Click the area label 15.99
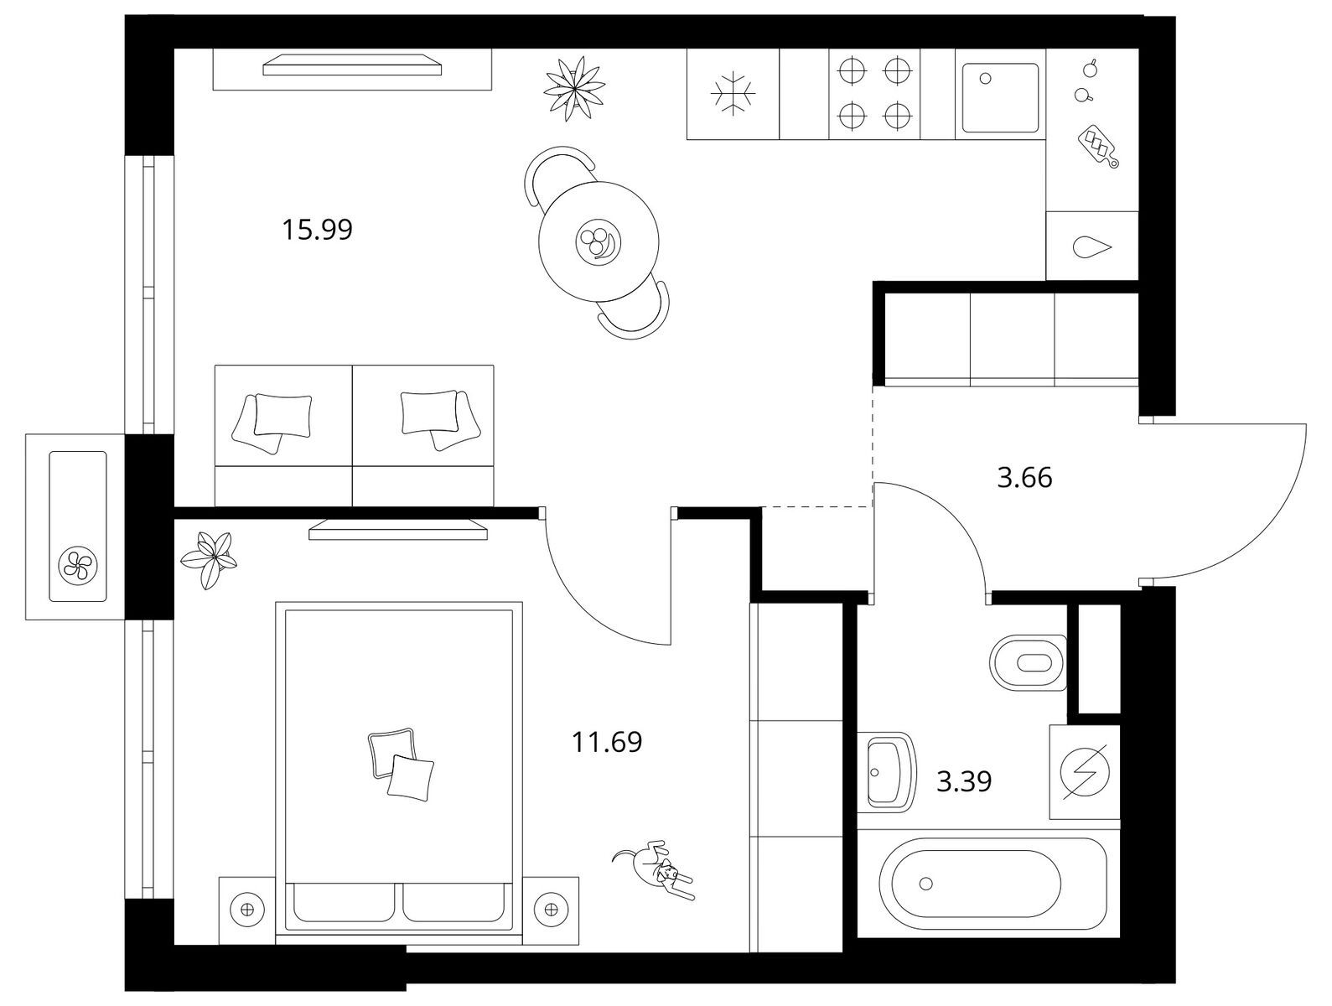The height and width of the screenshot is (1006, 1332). click(317, 230)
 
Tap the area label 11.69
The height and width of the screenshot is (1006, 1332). click(607, 742)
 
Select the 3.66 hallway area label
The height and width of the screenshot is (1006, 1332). click(1024, 478)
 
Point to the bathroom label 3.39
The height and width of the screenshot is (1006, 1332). click(964, 781)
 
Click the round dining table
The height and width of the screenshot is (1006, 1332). click(599, 241)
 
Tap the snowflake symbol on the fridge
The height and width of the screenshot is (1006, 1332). click(733, 93)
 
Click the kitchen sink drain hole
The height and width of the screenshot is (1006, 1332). click(986, 79)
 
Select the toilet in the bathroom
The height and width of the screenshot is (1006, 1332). click(1028, 662)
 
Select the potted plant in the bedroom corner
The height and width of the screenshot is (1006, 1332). click(209, 558)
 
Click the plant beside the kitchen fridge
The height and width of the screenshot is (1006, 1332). click(574, 89)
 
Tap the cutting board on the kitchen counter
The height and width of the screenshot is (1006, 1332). click(1098, 146)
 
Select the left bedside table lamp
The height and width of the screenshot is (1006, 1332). click(246, 909)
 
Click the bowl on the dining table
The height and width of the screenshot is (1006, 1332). click(599, 241)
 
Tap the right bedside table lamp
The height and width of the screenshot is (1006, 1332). click(551, 909)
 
